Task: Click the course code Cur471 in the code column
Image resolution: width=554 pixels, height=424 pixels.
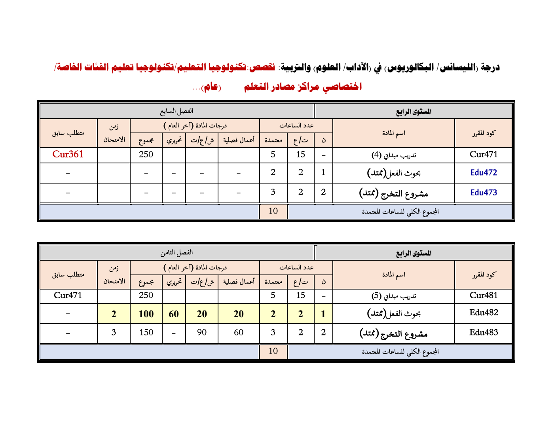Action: [483, 155]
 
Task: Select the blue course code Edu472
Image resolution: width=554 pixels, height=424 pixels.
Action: [483, 172]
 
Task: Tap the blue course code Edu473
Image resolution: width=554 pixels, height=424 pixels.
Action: [483, 193]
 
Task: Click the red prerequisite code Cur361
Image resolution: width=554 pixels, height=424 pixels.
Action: [68, 154]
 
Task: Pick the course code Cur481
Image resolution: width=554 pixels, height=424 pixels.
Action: [483, 295]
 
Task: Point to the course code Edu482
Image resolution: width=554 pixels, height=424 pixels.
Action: [483, 313]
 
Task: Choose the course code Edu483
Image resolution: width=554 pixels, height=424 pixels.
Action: [483, 333]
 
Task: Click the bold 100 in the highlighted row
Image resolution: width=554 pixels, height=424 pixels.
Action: [146, 314]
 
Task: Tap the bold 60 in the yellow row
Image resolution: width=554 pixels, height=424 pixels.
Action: [174, 314]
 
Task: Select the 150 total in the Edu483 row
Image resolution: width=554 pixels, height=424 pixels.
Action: [146, 333]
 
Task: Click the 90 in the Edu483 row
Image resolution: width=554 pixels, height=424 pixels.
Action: [202, 333]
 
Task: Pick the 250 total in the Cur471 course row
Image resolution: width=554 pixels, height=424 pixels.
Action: [146, 155]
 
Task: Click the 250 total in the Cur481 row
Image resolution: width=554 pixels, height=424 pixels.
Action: [146, 295]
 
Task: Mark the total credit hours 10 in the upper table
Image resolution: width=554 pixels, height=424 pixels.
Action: [273, 211]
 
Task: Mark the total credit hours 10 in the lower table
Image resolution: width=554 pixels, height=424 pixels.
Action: [273, 351]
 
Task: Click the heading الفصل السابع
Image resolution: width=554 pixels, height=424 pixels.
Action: [176, 111]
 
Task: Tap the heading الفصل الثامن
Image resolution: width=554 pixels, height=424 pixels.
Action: [176, 252]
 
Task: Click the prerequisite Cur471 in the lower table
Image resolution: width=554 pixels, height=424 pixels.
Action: [68, 295]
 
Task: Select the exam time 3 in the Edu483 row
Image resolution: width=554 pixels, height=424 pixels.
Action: [114, 333]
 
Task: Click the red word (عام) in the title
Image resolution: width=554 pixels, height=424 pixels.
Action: [211, 87]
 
